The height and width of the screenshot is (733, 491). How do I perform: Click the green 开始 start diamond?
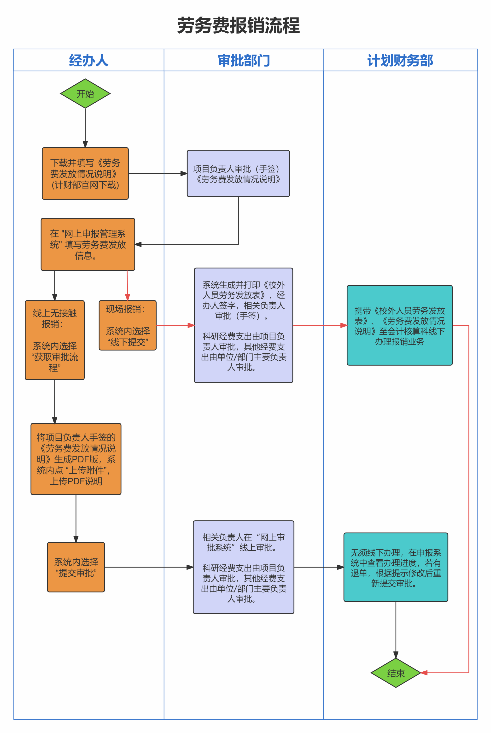[85, 93]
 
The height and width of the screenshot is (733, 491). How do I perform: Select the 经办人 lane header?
[89, 60]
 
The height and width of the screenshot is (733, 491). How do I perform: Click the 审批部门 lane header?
[244, 60]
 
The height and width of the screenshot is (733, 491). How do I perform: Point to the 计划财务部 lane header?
[400, 60]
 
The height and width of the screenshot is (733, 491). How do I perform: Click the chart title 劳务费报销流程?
[239, 25]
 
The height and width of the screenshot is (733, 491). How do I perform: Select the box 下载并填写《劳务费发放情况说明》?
[85, 173]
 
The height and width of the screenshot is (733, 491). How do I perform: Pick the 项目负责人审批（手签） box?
[238, 173]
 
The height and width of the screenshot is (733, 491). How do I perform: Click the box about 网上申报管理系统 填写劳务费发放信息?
[88, 244]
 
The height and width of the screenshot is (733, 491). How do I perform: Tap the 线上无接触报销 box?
[55, 340]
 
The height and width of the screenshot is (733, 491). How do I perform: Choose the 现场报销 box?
[128, 325]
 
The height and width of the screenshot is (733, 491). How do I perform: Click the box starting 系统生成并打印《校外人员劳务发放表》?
[243, 325]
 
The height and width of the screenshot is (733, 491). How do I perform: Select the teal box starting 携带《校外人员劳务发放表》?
[400, 325]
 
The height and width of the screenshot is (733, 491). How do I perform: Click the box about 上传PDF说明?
[76, 459]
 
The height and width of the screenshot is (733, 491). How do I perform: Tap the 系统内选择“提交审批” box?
[76, 567]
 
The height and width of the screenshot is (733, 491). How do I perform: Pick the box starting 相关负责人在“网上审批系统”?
[243, 567]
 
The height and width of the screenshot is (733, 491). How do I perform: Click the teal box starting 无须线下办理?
[396, 567]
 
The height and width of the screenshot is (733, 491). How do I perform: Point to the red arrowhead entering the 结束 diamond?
[424, 673]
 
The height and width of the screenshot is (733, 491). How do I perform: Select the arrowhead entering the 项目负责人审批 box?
[184, 173]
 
